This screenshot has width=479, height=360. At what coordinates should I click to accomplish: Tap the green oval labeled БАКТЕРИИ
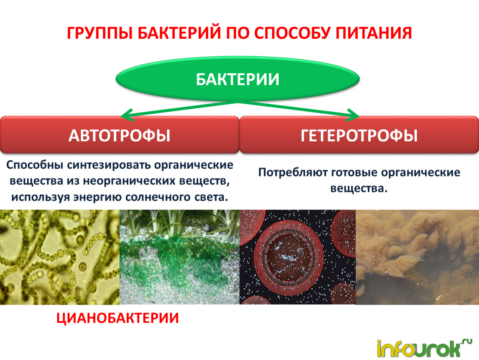click(x=237, y=79)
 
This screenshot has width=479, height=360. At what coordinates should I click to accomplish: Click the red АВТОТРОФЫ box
click(x=120, y=135)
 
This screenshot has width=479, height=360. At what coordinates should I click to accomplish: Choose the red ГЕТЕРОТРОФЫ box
click(x=359, y=135)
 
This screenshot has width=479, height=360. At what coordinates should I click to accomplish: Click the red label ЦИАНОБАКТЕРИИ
click(x=117, y=318)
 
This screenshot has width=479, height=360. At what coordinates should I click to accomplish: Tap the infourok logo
click(x=424, y=348)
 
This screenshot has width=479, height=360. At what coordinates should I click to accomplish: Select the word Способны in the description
click(x=35, y=165)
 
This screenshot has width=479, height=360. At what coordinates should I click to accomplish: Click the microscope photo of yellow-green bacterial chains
click(x=60, y=257)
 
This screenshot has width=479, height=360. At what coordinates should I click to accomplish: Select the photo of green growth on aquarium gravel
click(x=180, y=257)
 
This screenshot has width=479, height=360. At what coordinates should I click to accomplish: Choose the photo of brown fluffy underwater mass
click(x=417, y=257)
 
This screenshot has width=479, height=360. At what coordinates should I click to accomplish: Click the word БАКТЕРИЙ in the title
click(x=179, y=33)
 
